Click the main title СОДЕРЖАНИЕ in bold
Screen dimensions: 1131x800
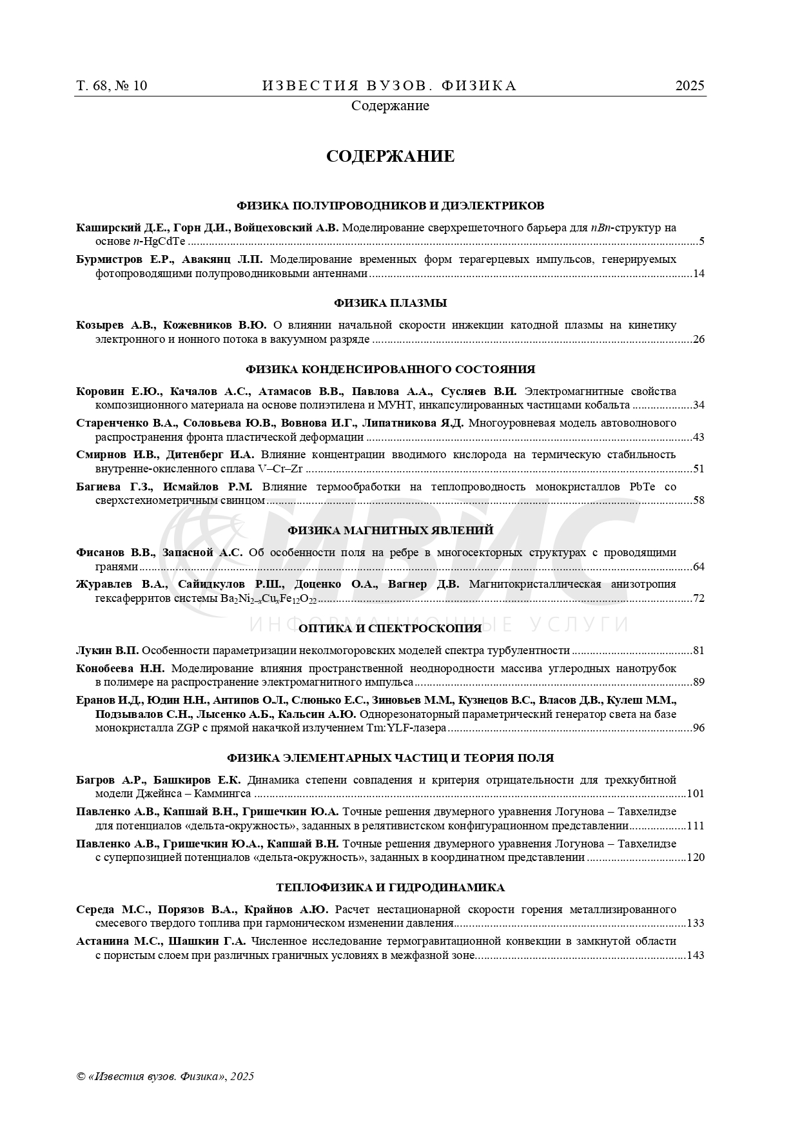click(x=390, y=157)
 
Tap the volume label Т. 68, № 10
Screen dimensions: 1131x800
click(x=112, y=86)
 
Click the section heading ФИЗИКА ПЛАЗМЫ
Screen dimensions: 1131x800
click(x=390, y=303)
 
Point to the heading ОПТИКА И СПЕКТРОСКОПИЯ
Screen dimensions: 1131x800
click(x=390, y=628)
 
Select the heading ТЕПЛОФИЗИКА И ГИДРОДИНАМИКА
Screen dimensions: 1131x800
click(x=390, y=887)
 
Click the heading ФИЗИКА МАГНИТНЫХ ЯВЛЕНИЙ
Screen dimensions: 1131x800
click(x=390, y=530)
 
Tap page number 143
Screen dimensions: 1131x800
click(x=696, y=955)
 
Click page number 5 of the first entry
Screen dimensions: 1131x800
click(x=701, y=242)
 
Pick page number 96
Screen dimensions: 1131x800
click(x=699, y=728)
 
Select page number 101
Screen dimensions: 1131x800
click(x=696, y=794)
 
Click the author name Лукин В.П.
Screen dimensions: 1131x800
click(x=107, y=650)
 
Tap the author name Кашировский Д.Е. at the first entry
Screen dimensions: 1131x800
click(x=122, y=227)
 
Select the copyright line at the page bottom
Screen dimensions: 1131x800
click(x=165, y=1076)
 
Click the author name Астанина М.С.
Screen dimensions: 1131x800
click(x=118, y=941)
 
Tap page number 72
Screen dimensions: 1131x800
click(x=699, y=599)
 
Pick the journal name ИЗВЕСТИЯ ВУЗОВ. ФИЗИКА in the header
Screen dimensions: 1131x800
click(x=389, y=86)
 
